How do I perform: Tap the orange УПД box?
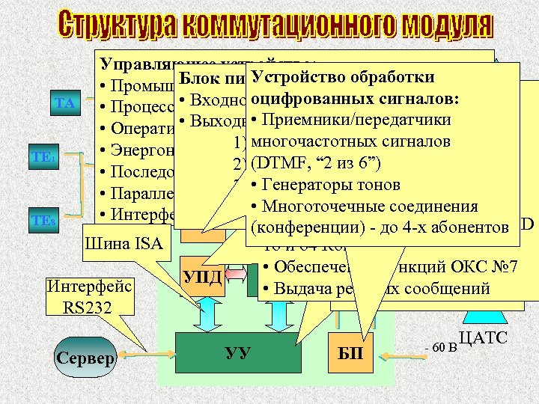tap(202, 277)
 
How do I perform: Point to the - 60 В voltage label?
tap(436, 349)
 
